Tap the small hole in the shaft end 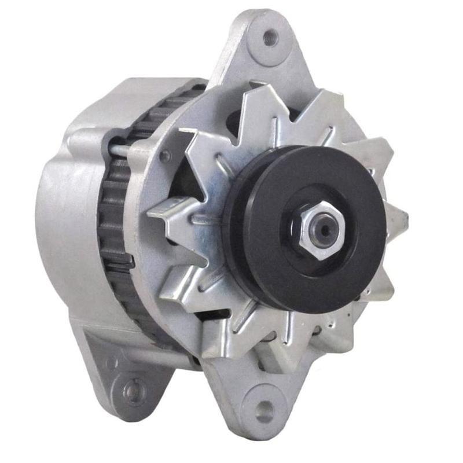coord(324,228)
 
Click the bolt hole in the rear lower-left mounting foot coord(135,392)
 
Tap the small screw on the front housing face coord(166,156)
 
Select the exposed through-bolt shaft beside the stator coord(119,152)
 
